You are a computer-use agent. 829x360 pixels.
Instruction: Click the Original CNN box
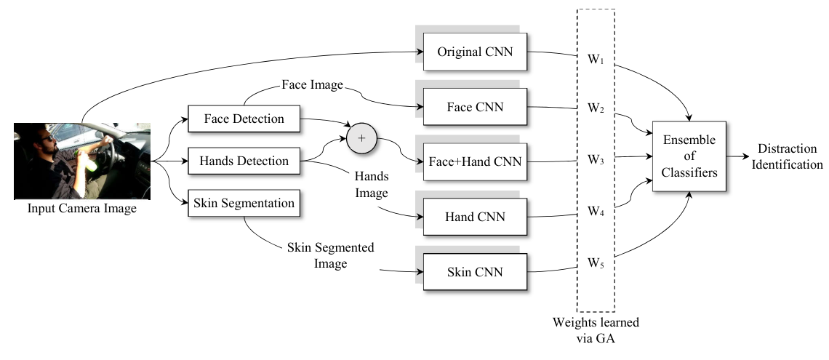pyautogui.click(x=475, y=52)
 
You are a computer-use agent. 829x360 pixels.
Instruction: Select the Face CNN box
pyautogui.click(x=475, y=107)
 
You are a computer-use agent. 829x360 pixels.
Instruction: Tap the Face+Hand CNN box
pyautogui.click(x=475, y=161)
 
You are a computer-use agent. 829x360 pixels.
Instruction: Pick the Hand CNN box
pyautogui.click(x=475, y=217)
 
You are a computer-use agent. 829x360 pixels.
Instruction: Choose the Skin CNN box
pyautogui.click(x=475, y=272)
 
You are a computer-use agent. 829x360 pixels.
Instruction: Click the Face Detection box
pyautogui.click(x=244, y=119)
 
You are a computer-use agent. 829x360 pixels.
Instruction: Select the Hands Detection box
pyautogui.click(x=244, y=161)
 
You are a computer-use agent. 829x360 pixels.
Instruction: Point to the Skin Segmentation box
pyautogui.click(x=244, y=203)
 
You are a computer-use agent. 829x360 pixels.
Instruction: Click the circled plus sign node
pyautogui.click(x=361, y=138)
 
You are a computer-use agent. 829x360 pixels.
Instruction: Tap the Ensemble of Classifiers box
pyautogui.click(x=689, y=156)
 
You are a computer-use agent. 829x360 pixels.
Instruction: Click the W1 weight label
pyautogui.click(x=596, y=59)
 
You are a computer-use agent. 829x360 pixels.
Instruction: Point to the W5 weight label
pyautogui.click(x=596, y=263)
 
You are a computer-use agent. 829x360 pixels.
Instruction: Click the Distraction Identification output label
pyautogui.click(x=788, y=156)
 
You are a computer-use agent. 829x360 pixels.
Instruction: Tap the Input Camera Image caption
pyautogui.click(x=82, y=208)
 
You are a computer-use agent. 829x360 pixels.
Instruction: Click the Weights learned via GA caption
pyautogui.click(x=596, y=330)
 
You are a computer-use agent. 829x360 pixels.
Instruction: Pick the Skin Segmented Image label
pyautogui.click(x=330, y=255)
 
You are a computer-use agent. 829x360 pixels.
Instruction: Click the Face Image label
pyautogui.click(x=313, y=84)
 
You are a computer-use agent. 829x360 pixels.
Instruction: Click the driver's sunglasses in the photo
pyautogui.click(x=47, y=138)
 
